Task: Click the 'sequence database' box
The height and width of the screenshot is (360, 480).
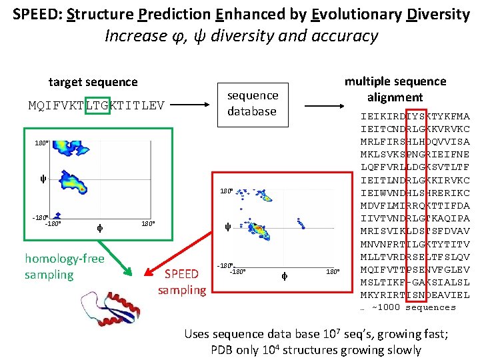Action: coord(252,103)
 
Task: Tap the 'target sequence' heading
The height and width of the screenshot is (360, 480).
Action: coord(93,82)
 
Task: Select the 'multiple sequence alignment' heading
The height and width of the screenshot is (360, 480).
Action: coord(395,89)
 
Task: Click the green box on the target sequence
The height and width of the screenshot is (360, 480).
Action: coord(97,104)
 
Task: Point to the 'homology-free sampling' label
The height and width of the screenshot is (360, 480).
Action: coord(64,266)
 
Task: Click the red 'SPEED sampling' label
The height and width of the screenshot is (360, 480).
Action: coord(181,281)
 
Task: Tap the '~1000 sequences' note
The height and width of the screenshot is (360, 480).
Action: coord(407,307)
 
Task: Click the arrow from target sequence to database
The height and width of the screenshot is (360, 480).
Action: coord(193,104)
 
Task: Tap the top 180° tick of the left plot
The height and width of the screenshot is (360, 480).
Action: coord(41,143)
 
